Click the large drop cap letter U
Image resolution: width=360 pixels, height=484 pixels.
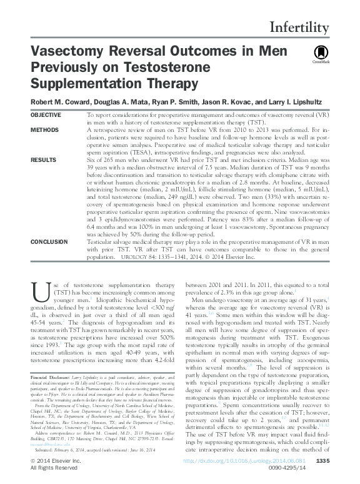tap(39, 291)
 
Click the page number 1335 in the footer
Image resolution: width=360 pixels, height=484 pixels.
tap(341, 461)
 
